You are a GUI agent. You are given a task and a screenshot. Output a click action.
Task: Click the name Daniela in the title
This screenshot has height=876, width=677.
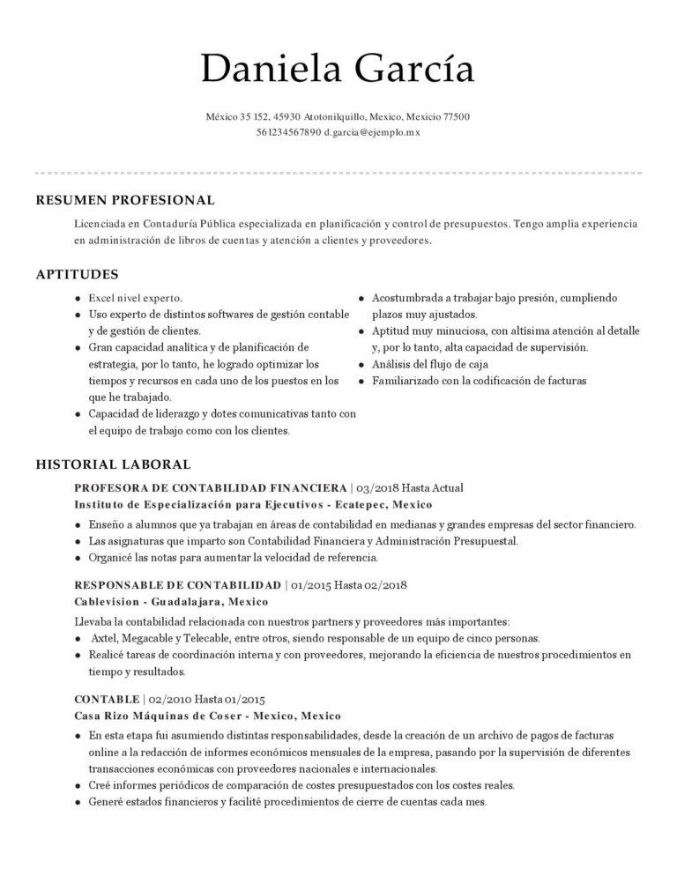(x=265, y=69)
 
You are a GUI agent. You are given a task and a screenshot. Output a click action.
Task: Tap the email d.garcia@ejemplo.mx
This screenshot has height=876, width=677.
(x=372, y=132)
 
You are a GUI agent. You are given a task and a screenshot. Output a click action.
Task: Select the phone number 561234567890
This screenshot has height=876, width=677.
(x=288, y=132)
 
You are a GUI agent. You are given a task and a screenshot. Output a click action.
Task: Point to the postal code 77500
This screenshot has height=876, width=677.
(x=456, y=116)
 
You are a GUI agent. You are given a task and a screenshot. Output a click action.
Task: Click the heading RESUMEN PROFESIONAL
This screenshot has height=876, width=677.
(x=124, y=200)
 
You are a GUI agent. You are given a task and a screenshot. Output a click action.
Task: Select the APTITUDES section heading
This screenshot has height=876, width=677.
(x=77, y=275)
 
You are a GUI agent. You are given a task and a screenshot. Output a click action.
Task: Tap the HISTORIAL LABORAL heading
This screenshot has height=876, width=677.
(x=113, y=464)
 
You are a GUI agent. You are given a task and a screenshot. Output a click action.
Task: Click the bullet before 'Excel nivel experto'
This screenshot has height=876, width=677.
(x=79, y=299)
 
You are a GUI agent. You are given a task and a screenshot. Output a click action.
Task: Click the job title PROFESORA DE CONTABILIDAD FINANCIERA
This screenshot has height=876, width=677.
(x=211, y=487)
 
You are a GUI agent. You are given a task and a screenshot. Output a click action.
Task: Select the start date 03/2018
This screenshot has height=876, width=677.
(x=376, y=487)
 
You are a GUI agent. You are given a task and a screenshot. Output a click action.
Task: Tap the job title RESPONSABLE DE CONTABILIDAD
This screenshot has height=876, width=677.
(x=177, y=584)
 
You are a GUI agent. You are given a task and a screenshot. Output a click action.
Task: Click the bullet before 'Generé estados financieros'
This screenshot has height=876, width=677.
(x=79, y=803)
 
